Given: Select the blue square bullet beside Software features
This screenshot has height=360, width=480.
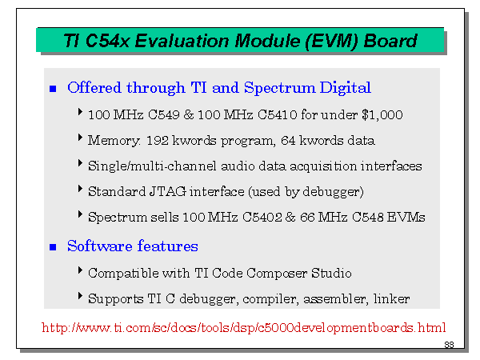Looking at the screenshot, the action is (53, 247).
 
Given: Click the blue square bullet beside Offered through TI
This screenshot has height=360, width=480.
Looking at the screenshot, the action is (53, 89).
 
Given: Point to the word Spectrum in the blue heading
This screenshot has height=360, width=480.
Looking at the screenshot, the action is (279, 88).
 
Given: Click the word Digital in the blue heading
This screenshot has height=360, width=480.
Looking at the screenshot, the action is (346, 88).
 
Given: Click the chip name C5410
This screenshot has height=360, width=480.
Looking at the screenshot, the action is (278, 114).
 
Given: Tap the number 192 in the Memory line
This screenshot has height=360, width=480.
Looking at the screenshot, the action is (158, 141).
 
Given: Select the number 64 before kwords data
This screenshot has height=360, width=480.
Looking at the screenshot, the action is (288, 141).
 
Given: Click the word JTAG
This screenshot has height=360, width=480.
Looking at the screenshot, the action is (168, 192).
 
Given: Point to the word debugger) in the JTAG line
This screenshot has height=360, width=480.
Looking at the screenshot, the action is (333, 192).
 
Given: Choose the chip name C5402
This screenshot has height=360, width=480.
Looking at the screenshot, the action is (262, 218).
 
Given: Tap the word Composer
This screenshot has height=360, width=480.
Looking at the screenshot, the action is (277, 274).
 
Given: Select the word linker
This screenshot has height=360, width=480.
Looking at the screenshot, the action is (391, 298).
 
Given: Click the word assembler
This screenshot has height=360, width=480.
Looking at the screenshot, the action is (335, 298).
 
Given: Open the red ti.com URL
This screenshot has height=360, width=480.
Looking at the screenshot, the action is (244, 327).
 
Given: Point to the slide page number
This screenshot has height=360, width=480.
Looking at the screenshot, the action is (449, 345).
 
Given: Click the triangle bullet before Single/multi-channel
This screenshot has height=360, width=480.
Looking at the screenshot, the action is (80, 163).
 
